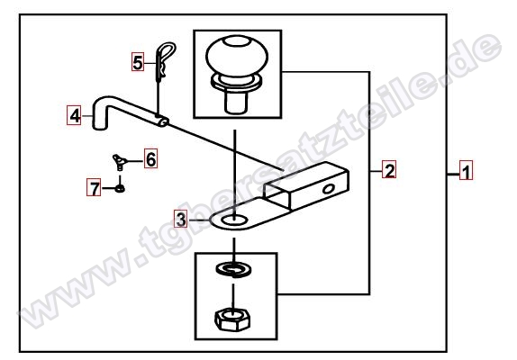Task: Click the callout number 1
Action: click(466, 171)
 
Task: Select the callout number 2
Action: click(389, 169)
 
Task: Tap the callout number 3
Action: click(181, 219)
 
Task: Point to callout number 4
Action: click(75, 115)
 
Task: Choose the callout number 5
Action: click(138, 61)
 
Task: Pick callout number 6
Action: click(150, 158)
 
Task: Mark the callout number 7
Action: click(94, 187)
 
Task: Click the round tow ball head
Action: click(237, 57)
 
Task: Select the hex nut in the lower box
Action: click(232, 319)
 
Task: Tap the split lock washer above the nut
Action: click(234, 269)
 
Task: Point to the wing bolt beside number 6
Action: click(119, 162)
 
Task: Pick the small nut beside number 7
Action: click(120, 189)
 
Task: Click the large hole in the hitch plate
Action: click(234, 220)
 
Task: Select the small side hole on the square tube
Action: click(329, 189)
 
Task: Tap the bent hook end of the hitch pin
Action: click(100, 113)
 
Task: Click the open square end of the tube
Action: click(277, 195)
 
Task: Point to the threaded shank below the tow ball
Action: click(236, 103)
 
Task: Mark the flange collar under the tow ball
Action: click(236, 82)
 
